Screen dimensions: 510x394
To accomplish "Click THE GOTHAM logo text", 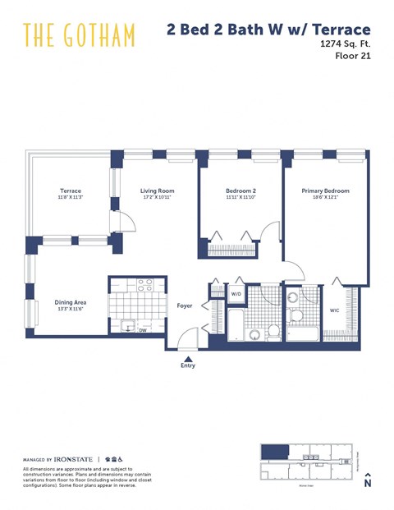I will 79,34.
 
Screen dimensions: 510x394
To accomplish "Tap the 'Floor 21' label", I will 355,57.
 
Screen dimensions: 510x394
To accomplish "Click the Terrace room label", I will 70,191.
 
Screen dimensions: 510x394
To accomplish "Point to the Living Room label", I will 158,191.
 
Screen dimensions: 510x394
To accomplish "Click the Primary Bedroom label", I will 325,191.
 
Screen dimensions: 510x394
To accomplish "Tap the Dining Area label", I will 71,302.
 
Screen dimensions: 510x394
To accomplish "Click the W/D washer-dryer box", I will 236,293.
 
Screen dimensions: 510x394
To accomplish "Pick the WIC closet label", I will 334,310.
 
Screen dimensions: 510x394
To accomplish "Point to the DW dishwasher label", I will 142,330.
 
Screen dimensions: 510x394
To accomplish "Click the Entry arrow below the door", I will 189,359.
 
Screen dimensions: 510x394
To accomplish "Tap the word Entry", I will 189,368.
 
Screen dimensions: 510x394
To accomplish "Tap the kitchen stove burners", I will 144,286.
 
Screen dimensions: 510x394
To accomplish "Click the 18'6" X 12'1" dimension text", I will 325,198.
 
